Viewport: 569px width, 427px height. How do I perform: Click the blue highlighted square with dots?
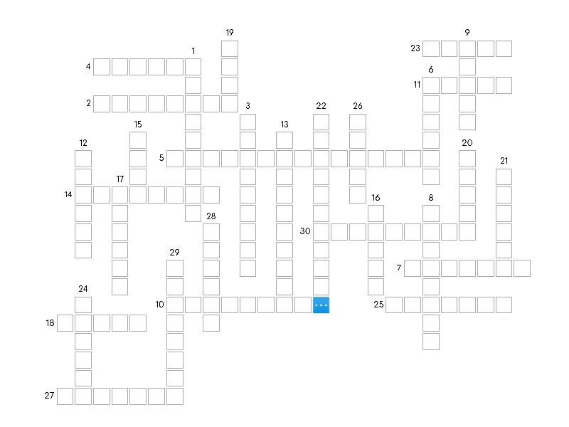(321, 305)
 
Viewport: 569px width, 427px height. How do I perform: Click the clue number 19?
(230, 33)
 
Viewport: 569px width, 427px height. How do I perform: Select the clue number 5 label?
(161, 157)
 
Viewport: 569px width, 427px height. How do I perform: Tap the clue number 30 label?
(305, 231)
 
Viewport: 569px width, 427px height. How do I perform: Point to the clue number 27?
(49, 396)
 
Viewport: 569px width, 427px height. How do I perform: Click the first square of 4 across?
(102, 67)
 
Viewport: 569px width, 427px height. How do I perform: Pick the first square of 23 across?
(431, 48)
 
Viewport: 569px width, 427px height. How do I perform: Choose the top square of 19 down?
(230, 48)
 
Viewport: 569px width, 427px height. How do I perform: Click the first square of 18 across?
(65, 323)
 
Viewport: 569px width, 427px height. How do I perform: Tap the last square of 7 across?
(522, 268)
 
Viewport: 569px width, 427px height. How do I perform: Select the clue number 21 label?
(504, 161)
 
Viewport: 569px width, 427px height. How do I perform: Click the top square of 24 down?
(83, 305)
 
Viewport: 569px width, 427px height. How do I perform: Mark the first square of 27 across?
(65, 396)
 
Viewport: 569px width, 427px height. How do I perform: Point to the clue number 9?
(467, 33)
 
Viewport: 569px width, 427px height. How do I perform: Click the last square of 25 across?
(504, 305)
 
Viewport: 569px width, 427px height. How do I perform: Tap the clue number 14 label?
(68, 194)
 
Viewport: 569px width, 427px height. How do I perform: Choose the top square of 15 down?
(138, 140)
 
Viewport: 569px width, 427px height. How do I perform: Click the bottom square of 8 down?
(431, 342)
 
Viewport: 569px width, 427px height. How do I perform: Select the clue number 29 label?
(174, 253)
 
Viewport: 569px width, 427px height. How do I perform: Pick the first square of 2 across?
(102, 104)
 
